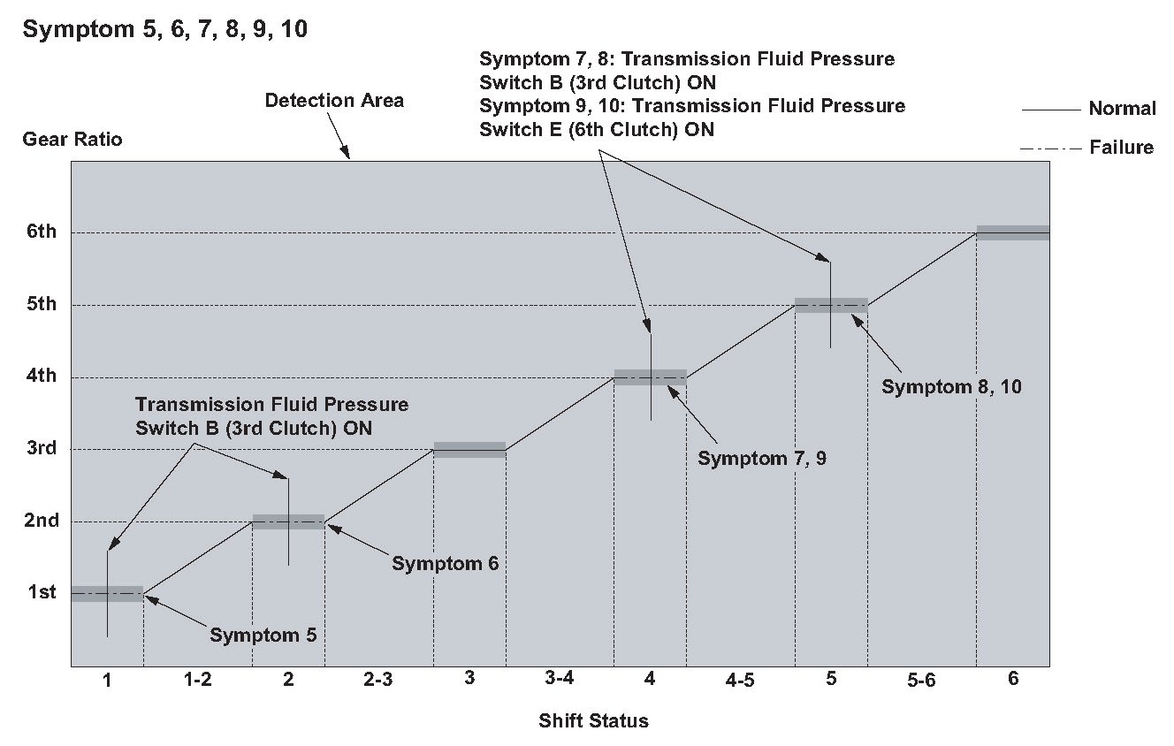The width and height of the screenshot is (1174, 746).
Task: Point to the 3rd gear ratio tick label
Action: point(39,448)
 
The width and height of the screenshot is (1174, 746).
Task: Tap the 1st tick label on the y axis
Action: point(39,592)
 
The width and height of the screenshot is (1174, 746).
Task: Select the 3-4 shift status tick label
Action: point(560,680)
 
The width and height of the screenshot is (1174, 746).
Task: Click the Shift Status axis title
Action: point(593,721)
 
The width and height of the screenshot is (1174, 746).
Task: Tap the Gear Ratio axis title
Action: point(72,140)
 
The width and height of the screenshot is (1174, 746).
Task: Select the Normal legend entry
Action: point(1122,109)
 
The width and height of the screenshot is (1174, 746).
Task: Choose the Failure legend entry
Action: point(1121,148)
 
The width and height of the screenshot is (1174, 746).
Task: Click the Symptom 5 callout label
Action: point(263,635)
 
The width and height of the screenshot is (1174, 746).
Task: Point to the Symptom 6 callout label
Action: point(446,563)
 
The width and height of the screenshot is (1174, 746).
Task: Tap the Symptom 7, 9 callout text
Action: point(761,459)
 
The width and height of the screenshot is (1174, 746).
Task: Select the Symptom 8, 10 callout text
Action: point(951,386)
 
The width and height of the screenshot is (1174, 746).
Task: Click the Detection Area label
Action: point(334,101)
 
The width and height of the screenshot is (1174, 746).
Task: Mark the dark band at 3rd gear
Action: point(469,449)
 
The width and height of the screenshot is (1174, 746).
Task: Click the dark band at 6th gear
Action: point(1012,232)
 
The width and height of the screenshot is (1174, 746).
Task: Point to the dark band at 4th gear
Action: point(650,377)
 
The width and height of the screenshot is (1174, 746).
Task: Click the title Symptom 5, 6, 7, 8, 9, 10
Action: point(165,29)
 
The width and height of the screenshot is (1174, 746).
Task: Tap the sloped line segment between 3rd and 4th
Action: point(560,414)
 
